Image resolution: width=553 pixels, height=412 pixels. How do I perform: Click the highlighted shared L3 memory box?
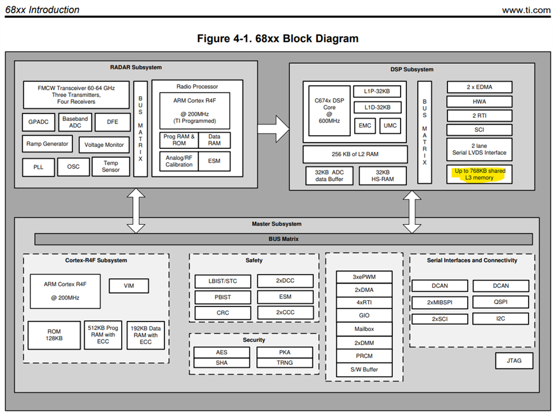point(479,174)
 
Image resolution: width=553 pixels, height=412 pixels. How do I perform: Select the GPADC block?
point(38,123)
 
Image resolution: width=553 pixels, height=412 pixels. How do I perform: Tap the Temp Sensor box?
point(111,167)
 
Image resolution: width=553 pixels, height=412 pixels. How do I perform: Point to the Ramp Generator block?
point(48,144)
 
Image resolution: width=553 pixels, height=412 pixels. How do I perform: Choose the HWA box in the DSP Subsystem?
point(479,101)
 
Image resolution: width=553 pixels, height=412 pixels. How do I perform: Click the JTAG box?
point(514,360)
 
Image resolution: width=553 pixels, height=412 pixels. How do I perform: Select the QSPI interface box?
point(500,302)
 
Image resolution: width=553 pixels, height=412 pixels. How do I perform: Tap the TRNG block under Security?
point(284,363)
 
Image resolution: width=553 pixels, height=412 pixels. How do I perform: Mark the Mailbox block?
point(364,329)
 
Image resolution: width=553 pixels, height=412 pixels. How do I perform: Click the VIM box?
point(128,286)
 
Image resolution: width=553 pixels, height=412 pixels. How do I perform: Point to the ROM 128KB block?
point(54,336)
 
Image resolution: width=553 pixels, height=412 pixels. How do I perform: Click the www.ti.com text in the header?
point(526,10)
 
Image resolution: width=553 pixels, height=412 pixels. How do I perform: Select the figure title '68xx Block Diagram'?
point(277,39)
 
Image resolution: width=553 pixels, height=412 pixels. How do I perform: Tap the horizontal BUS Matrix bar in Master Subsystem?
point(283,239)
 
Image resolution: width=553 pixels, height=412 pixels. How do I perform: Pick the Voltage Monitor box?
point(104,145)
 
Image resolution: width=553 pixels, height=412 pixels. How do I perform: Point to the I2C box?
point(500,319)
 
